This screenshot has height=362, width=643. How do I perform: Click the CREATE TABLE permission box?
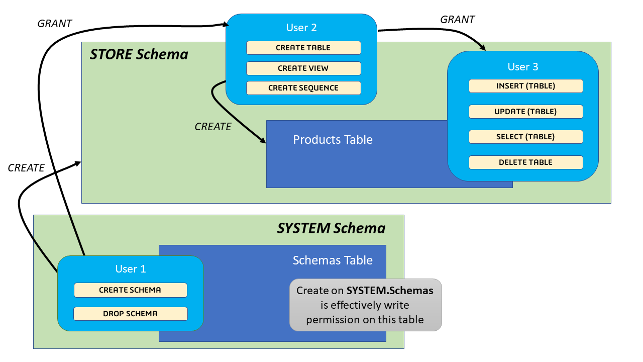(x=303, y=48)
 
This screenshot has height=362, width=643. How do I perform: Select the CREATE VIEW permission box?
(x=303, y=68)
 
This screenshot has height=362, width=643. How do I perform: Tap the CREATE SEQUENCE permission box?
(x=303, y=88)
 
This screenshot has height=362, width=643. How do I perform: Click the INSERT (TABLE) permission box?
(x=525, y=86)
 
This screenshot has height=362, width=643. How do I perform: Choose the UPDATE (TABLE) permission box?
(x=525, y=112)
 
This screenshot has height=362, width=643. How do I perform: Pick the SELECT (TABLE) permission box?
(x=525, y=137)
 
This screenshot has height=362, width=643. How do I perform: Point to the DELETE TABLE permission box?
(x=525, y=162)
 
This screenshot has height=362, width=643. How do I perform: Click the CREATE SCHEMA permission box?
(x=130, y=290)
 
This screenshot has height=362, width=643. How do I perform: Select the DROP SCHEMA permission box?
(x=130, y=314)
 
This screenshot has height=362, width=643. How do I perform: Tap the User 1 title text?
(x=131, y=269)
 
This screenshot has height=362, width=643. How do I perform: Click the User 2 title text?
(x=301, y=28)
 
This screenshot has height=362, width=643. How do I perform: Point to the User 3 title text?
(x=522, y=67)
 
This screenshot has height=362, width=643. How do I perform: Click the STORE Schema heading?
(x=139, y=54)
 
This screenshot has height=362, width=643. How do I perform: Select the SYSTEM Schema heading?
(x=331, y=228)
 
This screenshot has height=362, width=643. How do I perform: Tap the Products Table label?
(x=333, y=140)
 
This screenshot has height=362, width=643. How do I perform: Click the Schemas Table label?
(x=333, y=260)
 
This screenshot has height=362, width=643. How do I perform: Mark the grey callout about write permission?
(x=365, y=305)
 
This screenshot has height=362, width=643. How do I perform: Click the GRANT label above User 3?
(x=457, y=20)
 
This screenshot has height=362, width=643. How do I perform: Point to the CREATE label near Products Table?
(x=213, y=127)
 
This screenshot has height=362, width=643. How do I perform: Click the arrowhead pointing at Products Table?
(x=263, y=141)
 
